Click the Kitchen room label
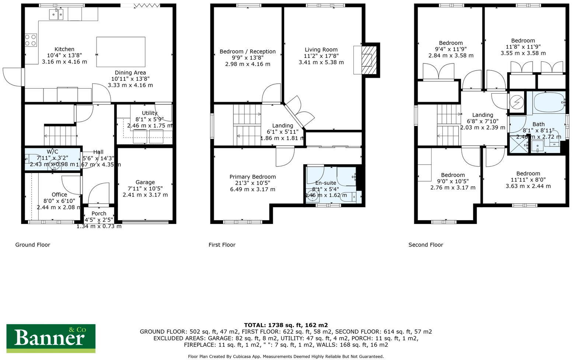click(64, 49)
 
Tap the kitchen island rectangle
click(121, 52)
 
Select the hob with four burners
click(31, 40)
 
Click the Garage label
click(145, 182)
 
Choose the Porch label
click(99, 214)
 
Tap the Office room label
click(59, 195)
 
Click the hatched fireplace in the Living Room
click(369, 60)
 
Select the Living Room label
click(321, 50)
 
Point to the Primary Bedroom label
click(252, 177)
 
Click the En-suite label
click(325, 183)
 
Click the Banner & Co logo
click(51, 337)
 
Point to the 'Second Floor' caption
click(426, 245)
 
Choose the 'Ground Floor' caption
click(32, 245)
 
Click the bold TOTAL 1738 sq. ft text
click(286, 325)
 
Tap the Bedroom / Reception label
click(247, 52)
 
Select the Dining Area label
click(130, 73)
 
